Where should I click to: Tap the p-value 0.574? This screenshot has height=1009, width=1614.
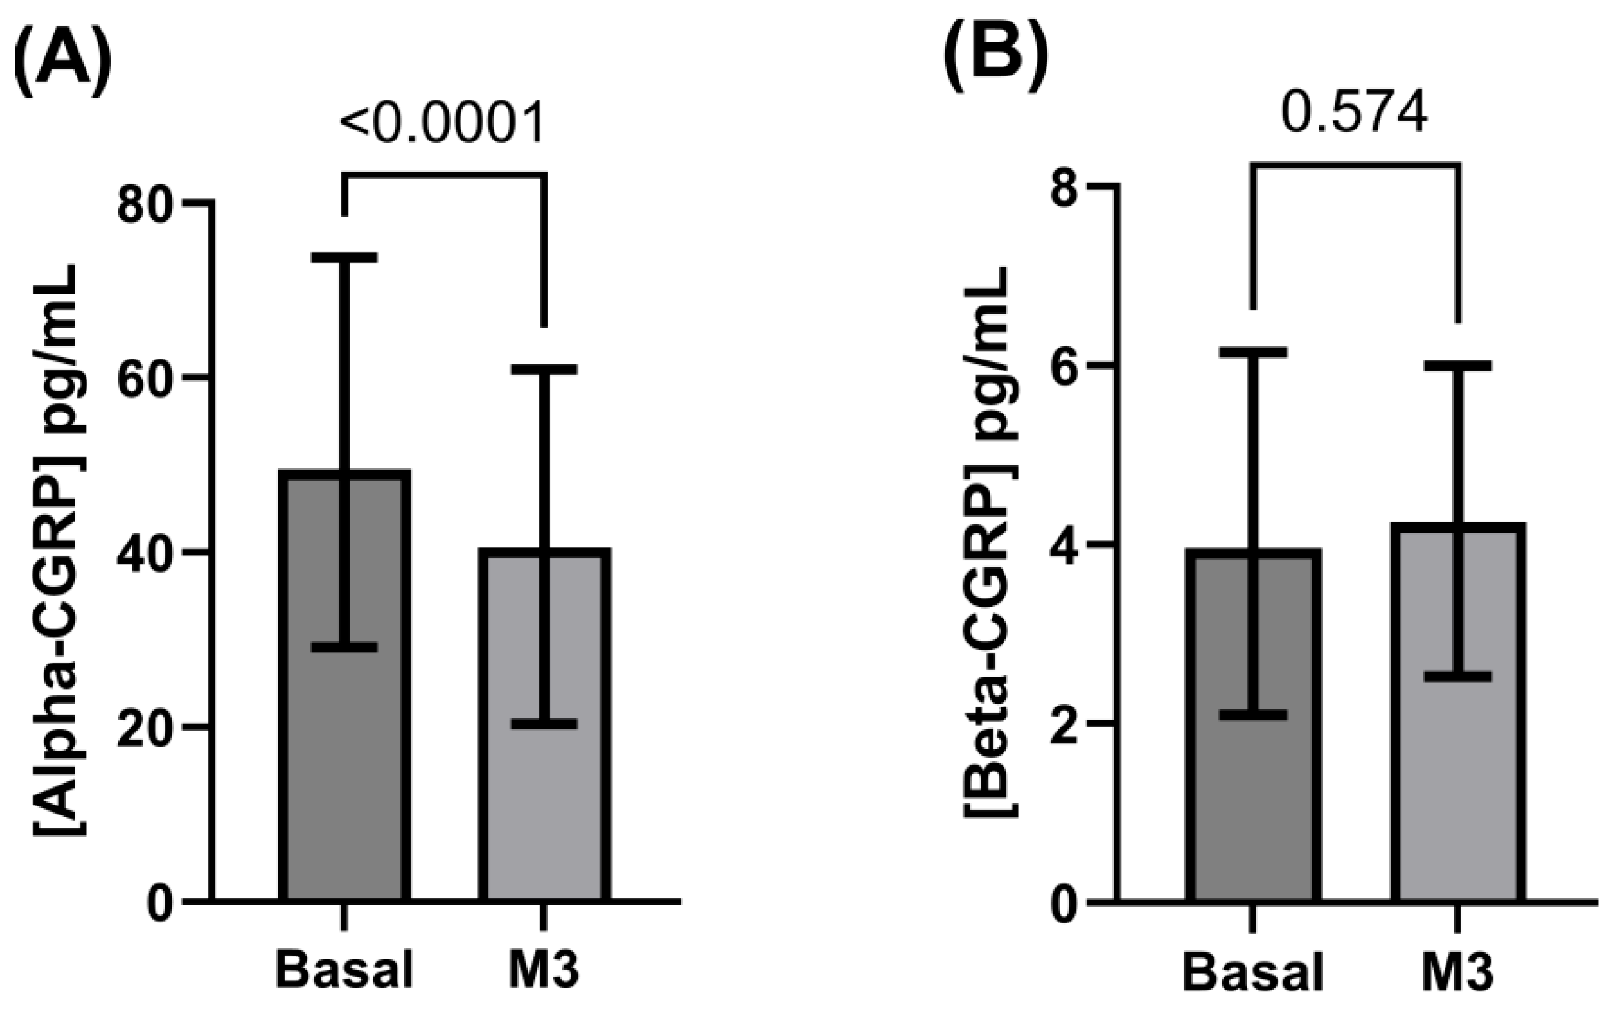[1354, 114]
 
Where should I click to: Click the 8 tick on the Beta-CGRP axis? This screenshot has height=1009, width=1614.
[1067, 189]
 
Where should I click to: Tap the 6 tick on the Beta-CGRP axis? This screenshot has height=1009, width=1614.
[1067, 366]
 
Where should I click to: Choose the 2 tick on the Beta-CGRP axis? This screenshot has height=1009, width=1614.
[1067, 723]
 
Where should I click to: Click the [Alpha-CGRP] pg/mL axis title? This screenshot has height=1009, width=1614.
[59, 551]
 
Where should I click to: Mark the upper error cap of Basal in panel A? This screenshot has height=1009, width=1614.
[344, 258]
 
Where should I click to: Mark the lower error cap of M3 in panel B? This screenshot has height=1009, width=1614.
[1458, 677]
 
